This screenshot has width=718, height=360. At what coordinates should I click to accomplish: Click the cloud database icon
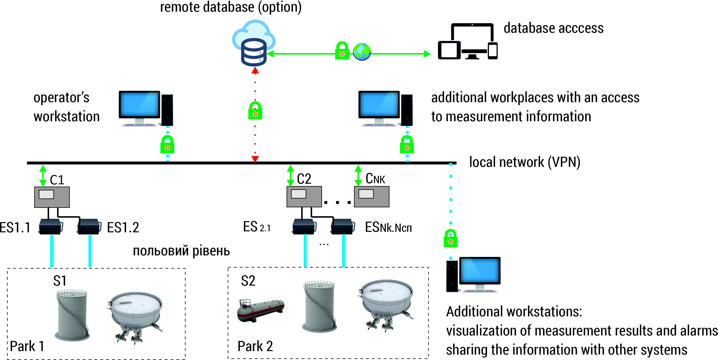tap(253, 43)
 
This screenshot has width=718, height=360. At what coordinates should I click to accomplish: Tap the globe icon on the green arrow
tap(362, 52)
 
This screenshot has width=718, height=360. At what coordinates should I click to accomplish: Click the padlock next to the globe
tap(342, 51)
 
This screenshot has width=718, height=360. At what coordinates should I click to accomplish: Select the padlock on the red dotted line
tap(255, 111)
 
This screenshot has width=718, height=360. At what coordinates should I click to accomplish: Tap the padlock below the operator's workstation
tap(167, 145)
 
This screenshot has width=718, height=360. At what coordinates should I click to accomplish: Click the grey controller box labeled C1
tap(52, 197)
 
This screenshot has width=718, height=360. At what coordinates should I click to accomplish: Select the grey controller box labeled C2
tap(304, 197)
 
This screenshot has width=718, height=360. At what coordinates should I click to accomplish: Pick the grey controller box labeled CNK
tap(372, 197)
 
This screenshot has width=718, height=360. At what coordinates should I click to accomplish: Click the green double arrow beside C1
tap(43, 176)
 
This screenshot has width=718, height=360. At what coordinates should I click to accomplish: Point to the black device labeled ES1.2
tap(89, 226)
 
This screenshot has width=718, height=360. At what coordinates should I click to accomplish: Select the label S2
tap(248, 281)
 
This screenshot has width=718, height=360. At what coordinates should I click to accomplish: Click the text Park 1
tap(27, 346)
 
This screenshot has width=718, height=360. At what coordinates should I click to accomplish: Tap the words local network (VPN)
tap(525, 162)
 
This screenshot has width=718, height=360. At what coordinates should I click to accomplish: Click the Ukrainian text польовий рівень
tap(181, 250)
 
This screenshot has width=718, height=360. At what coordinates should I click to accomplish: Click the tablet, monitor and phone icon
tap(467, 42)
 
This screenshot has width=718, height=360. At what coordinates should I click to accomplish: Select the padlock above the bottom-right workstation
tap(450, 239)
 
